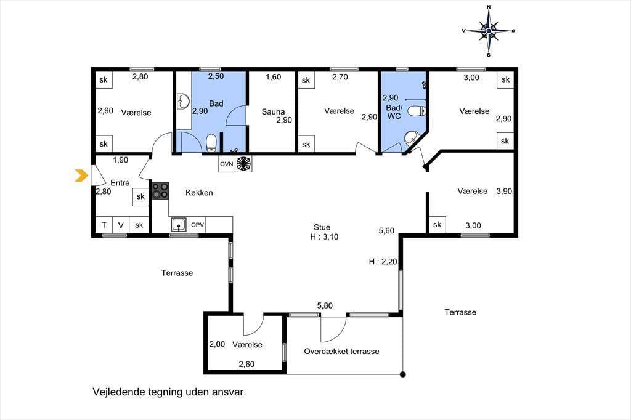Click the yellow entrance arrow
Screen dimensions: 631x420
(x=81, y=176)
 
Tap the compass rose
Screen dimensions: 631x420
(x=489, y=31)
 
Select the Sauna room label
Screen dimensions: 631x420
(x=273, y=112)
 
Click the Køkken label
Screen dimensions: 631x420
(x=199, y=193)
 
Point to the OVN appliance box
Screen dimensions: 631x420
(x=227, y=164)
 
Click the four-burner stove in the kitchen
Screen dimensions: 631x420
(x=160, y=191)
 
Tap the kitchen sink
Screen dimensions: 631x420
(x=179, y=225)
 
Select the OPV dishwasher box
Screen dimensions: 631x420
(x=197, y=225)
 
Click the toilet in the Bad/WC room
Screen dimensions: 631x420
(x=417, y=111)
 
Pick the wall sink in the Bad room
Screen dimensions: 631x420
(x=184, y=102)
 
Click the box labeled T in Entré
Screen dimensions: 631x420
(x=104, y=225)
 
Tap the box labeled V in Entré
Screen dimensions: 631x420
(x=121, y=225)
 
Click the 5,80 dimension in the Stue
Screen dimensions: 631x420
(x=325, y=305)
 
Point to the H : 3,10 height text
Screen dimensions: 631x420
(x=324, y=237)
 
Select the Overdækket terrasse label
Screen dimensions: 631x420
(x=341, y=351)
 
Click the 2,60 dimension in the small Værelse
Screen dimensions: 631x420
(x=246, y=364)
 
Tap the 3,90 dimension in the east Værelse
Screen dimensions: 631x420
(x=504, y=191)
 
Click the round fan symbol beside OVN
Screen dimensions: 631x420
(x=244, y=164)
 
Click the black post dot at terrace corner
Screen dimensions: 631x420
(x=403, y=374)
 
